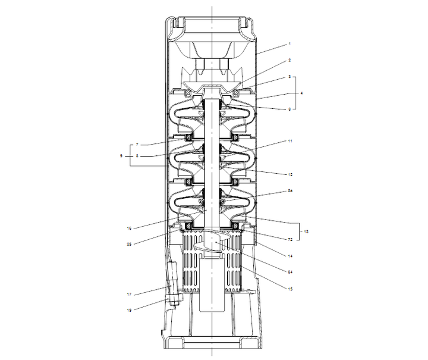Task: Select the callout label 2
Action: tap(289, 60)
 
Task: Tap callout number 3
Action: tap(289, 77)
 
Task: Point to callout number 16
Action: tap(129, 227)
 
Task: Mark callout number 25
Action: tap(129, 243)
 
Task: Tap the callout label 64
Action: tap(291, 273)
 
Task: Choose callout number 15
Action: tap(291, 289)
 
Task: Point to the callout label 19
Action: tap(129, 309)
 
